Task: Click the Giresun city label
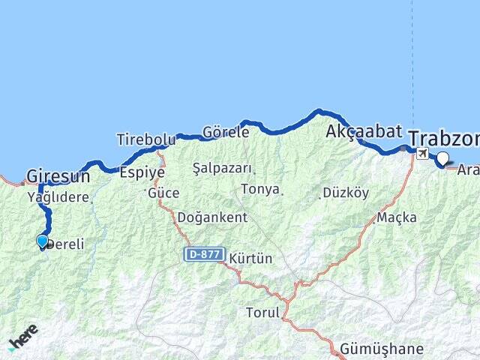tap(58, 177)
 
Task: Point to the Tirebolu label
tap(145, 139)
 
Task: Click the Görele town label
tap(226, 132)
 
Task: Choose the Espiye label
tap(142, 171)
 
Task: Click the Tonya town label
tap(260, 190)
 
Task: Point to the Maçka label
tap(397, 217)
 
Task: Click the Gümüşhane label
tap(382, 349)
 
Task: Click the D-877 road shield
tap(204, 255)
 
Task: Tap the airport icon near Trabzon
tap(422, 154)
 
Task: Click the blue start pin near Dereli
tap(43, 241)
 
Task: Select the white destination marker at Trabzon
tap(442, 158)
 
